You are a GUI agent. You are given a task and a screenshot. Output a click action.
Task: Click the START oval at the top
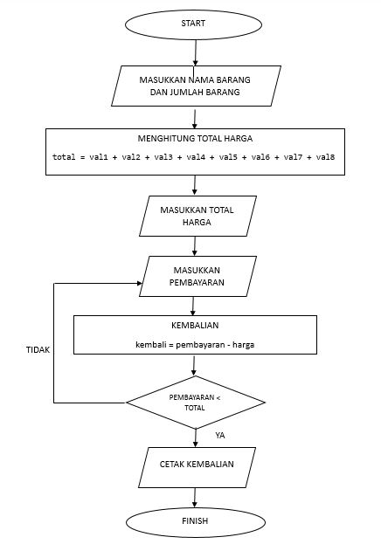click(x=193, y=24)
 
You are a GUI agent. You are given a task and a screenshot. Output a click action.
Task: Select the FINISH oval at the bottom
click(x=195, y=521)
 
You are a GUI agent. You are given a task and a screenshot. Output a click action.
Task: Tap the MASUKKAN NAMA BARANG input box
click(x=196, y=86)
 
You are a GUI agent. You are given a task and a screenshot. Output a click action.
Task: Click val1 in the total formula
click(x=95, y=157)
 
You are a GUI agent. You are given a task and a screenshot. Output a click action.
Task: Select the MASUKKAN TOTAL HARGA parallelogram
click(x=197, y=216)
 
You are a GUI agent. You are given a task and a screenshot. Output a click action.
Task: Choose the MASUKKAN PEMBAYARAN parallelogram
click(x=197, y=277)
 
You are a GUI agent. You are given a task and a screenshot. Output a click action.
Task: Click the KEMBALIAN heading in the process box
click(x=195, y=326)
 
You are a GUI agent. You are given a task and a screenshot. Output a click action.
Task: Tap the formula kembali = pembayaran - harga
click(x=195, y=345)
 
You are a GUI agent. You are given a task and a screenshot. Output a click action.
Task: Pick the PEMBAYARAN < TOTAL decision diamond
click(x=195, y=403)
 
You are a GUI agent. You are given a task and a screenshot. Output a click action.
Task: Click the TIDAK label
click(x=38, y=349)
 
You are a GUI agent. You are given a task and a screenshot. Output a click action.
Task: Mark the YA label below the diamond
click(x=220, y=434)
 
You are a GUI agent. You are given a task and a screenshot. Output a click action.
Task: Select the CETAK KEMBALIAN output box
click(x=197, y=465)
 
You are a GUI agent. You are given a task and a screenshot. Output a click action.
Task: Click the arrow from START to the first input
click(x=195, y=52)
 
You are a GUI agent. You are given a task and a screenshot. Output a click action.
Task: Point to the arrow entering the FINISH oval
click(x=196, y=498)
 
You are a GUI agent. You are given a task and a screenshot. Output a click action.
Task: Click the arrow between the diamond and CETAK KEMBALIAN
click(x=196, y=437)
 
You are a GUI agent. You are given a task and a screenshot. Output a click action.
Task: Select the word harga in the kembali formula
click(x=241, y=345)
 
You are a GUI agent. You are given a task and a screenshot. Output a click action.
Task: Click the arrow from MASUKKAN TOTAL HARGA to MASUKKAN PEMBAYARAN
click(x=196, y=245)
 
